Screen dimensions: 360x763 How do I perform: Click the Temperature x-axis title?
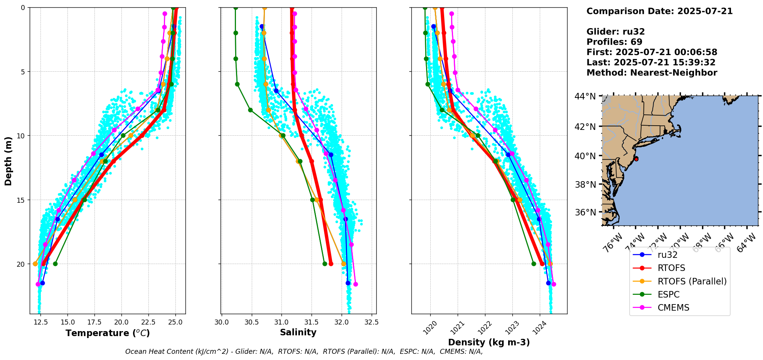point(108,333)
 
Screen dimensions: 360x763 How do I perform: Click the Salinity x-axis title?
point(298,332)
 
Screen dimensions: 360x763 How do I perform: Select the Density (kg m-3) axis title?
point(489,342)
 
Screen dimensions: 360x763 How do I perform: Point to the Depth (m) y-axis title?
point(8,161)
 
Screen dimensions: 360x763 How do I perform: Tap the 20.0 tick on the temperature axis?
point(121,322)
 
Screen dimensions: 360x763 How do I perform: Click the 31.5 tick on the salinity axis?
point(312,322)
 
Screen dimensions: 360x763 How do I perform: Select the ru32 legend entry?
point(667,255)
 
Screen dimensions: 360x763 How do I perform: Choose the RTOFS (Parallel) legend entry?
point(692,281)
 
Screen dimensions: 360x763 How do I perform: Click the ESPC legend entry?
point(668,294)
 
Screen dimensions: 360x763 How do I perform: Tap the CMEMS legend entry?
point(673,308)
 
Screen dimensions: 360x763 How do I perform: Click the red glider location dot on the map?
point(636,159)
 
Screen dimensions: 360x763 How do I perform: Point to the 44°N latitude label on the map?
point(585,96)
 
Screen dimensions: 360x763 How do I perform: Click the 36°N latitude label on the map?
point(585,212)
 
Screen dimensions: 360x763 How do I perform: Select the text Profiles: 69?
point(614,42)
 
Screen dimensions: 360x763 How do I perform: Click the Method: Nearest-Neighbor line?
point(652,73)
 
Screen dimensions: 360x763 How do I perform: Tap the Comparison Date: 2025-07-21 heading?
point(659,11)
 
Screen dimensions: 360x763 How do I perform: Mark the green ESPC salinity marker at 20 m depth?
point(325,264)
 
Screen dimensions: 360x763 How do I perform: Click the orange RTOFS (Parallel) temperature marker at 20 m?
point(35,264)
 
